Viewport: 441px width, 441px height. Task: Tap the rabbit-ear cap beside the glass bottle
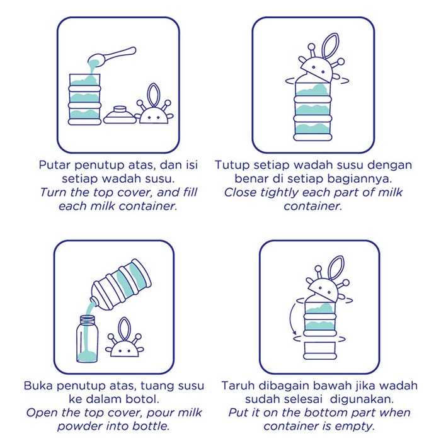pyautogui.click(x=125, y=343)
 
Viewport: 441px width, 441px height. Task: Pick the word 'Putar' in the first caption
pyautogui.click(x=55, y=166)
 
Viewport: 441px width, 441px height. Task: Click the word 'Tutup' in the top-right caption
pyautogui.click(x=234, y=166)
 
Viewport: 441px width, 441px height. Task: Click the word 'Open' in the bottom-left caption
pyautogui.click(x=42, y=413)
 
